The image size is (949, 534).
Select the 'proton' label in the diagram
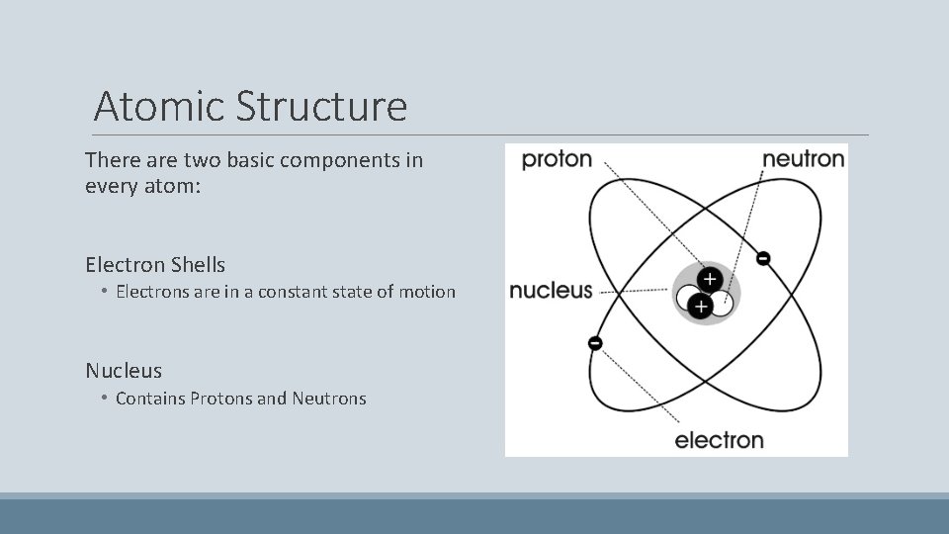click(557, 158)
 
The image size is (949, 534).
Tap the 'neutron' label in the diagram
click(804, 158)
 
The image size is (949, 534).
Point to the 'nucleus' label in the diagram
click(551, 291)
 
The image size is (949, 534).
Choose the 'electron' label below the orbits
click(719, 440)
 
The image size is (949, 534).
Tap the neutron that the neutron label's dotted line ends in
click(722, 304)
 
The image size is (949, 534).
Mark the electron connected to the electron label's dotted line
click(595, 343)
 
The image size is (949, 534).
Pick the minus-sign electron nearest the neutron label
click(763, 258)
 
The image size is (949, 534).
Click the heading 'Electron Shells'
click(155, 265)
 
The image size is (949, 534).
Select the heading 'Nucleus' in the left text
click(124, 371)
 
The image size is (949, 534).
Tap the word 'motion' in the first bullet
click(428, 292)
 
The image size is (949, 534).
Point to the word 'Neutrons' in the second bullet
click(329, 399)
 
